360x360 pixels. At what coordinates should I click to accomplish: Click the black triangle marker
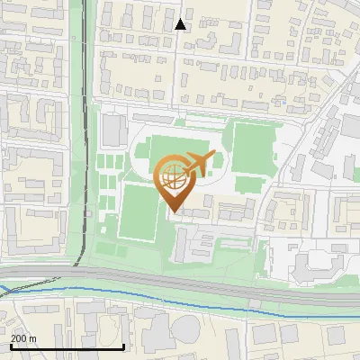point(181,24)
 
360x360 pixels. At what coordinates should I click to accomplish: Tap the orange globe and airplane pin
point(175,180)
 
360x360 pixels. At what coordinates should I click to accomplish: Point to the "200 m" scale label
point(23,338)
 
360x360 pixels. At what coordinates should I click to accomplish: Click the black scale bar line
point(67,346)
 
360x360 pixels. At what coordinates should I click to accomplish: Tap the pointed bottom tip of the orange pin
point(174,211)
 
